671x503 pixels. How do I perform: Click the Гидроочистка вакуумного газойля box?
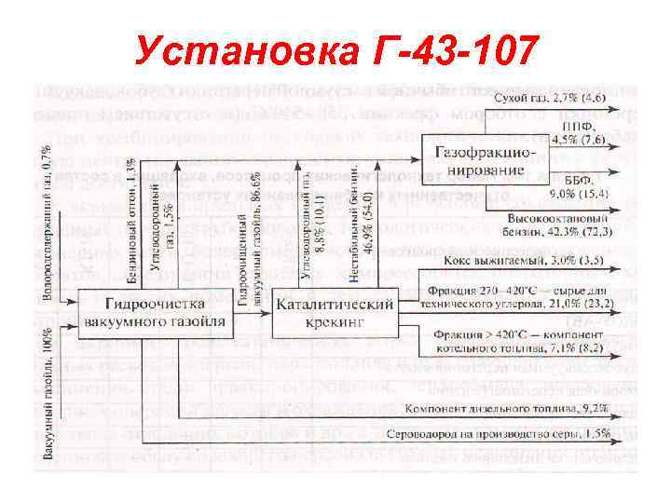(x=154, y=313)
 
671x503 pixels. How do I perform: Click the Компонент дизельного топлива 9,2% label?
(x=507, y=407)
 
